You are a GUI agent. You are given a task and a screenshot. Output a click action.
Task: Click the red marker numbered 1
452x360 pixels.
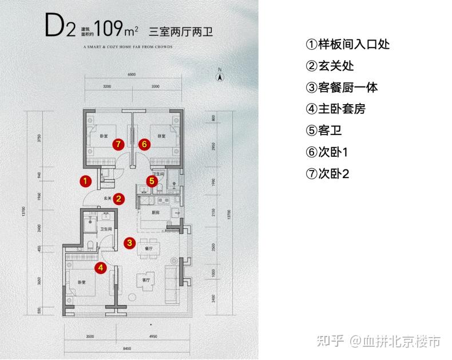pos(85,181)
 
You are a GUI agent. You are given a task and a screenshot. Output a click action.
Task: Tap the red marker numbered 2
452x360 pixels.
pos(118,199)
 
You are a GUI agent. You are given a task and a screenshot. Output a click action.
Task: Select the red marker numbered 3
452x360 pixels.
pos(130,243)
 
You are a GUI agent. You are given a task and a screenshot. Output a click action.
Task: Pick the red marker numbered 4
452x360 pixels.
pos(101,267)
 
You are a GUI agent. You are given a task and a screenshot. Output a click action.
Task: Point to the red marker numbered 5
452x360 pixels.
pos(151,181)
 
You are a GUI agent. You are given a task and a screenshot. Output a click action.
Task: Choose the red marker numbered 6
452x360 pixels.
pos(144,144)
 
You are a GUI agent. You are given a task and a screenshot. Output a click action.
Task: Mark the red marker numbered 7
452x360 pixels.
pos(118,144)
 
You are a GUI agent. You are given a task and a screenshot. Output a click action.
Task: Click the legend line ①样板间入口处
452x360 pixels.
pos(348,44)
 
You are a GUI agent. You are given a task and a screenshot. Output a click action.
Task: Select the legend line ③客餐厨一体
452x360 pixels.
pos(342,88)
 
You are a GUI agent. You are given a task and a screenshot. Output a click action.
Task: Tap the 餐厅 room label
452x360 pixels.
pos(150,249)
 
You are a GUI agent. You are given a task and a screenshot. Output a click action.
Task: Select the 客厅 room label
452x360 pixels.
pos(145,280)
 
